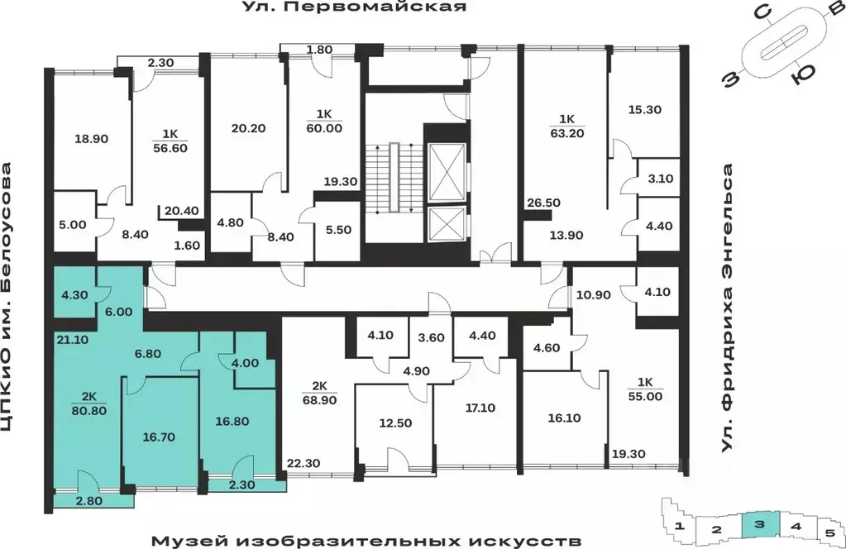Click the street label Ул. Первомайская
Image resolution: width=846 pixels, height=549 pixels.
coord(354,8)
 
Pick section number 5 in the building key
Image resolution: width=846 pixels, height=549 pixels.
coord(828,532)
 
